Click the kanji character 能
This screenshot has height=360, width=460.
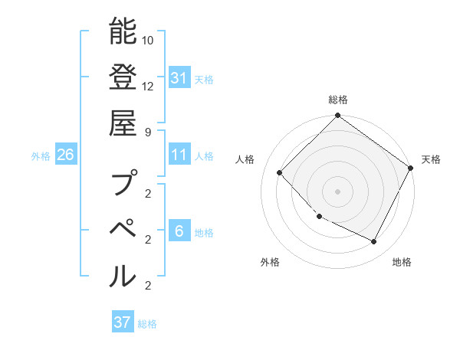pyautogui.click(x=123, y=32)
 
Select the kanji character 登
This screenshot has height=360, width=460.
pyautogui.click(x=123, y=80)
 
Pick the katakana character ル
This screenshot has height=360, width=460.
pyautogui.click(x=123, y=276)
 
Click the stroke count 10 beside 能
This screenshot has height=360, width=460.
pyautogui.click(x=149, y=40)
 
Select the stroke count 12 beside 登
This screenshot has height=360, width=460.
pyautogui.click(x=149, y=87)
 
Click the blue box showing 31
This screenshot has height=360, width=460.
pyautogui.click(x=179, y=77)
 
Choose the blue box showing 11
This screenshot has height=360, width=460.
pyautogui.click(x=179, y=155)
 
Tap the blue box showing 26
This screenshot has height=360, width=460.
pyautogui.click(x=66, y=155)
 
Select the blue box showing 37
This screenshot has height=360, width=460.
pyautogui.click(x=123, y=322)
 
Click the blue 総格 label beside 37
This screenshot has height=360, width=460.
pyautogui.click(x=147, y=324)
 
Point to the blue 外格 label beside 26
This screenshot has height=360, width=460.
pyautogui.click(x=41, y=156)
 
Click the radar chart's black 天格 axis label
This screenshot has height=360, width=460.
pyautogui.click(x=431, y=159)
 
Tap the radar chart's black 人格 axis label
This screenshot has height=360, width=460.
pyautogui.click(x=245, y=159)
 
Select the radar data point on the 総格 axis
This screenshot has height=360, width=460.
pyautogui.click(x=337, y=116)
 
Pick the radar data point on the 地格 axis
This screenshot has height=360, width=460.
pyautogui.click(x=374, y=242)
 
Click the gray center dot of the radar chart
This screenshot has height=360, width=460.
pyautogui.click(x=337, y=191)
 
